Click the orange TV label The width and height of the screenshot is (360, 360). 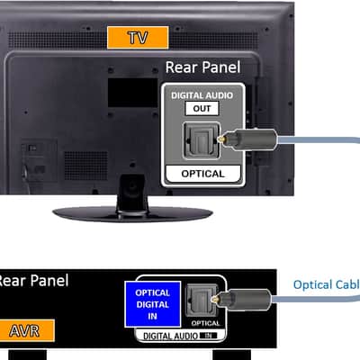click(138, 38)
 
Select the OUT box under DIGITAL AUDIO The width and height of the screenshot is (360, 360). click(202, 109)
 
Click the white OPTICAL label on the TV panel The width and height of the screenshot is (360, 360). click(203, 174)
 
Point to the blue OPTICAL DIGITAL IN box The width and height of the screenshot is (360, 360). click(153, 304)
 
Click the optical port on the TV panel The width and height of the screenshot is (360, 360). click(202, 140)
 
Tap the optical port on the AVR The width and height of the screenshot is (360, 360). click(201, 301)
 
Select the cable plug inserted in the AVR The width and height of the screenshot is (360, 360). click(241, 299)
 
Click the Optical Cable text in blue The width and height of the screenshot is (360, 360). click(327, 284)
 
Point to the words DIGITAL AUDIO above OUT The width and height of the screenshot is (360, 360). click(202, 95)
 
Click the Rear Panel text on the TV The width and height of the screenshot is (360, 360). click(202, 67)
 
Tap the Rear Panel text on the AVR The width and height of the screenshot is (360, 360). click(33, 281)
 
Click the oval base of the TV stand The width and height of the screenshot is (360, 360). click(132, 214)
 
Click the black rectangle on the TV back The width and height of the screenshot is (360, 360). click(132, 93)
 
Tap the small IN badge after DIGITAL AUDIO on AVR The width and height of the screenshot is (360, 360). click(208, 336)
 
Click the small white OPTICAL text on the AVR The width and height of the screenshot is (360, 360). click(205, 323)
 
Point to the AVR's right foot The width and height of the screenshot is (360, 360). click(231, 355)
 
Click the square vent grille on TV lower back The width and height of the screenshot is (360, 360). click(86, 166)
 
